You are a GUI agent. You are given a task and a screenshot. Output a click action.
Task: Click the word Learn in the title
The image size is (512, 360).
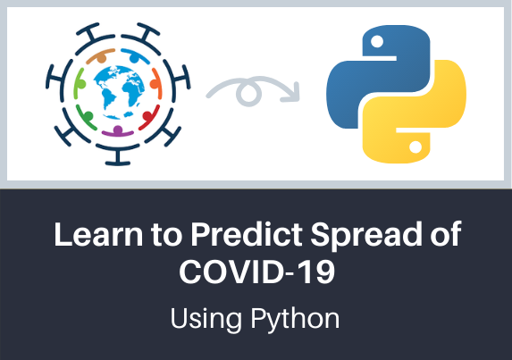(x=98, y=234)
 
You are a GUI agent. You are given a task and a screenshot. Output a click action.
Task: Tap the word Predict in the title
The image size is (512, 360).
(x=247, y=234)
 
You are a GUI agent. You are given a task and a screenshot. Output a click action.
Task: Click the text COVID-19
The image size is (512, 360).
(x=256, y=272)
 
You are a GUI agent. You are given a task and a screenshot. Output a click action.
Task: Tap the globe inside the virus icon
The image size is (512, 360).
(x=119, y=92)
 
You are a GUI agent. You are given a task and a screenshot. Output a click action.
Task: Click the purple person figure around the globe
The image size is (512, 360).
(x=118, y=131)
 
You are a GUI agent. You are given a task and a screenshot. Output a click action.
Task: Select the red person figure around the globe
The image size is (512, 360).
(x=149, y=117)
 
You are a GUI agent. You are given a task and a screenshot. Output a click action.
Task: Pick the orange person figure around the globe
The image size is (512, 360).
(x=156, y=84)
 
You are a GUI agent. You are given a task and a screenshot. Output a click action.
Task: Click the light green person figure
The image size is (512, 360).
(x=80, y=84)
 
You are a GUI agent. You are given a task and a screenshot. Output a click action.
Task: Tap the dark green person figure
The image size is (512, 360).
(x=86, y=117)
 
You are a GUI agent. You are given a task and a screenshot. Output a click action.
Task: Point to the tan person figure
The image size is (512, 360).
(x=101, y=55)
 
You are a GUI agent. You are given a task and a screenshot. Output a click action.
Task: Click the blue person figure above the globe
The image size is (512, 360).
(x=135, y=55)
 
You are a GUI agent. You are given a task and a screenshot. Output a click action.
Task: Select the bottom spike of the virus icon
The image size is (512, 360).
(x=118, y=155)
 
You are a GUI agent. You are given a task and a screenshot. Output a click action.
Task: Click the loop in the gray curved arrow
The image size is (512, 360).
(x=248, y=93)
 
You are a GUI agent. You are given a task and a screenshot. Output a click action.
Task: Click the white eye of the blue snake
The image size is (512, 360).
(x=377, y=41)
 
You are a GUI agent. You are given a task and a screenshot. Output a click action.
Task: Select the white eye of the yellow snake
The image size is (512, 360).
(x=415, y=147)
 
